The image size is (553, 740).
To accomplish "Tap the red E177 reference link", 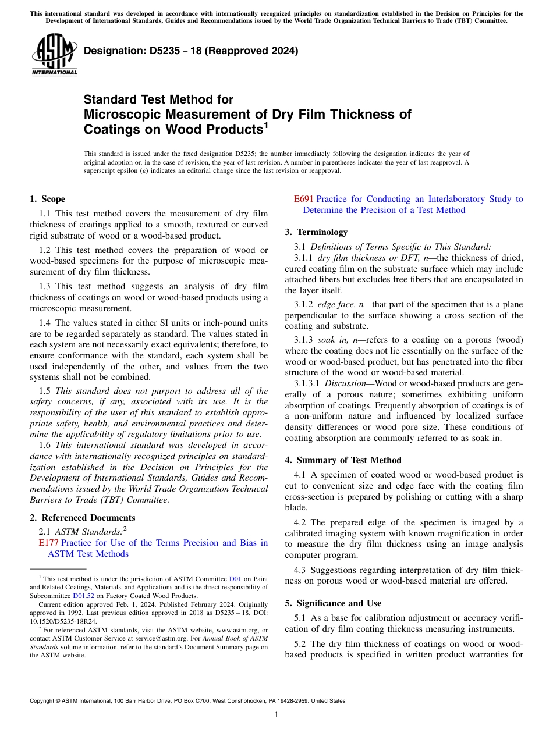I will tap(47, 543).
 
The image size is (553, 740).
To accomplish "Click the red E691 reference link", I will tap(303, 199).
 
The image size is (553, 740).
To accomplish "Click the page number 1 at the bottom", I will tap(276, 714).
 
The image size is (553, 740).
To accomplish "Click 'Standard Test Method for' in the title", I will tap(158, 99).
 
